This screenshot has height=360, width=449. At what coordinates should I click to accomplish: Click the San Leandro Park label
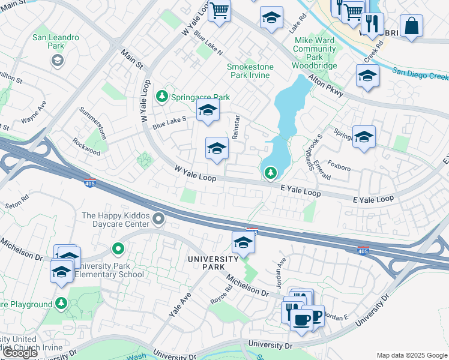point(56,41)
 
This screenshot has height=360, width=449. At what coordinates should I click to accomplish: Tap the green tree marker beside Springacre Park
point(161,96)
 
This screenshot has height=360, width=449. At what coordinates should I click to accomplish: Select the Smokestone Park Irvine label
point(250,71)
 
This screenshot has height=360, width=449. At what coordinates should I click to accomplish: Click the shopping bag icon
point(411,26)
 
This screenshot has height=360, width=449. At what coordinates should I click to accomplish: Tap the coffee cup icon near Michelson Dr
point(301,317)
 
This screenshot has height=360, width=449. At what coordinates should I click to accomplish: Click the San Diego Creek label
point(421,73)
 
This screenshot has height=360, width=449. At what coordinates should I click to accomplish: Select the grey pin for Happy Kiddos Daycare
point(158,219)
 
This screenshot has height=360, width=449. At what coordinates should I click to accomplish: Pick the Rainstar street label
point(236,127)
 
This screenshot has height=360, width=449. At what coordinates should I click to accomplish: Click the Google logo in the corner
point(20,352)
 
